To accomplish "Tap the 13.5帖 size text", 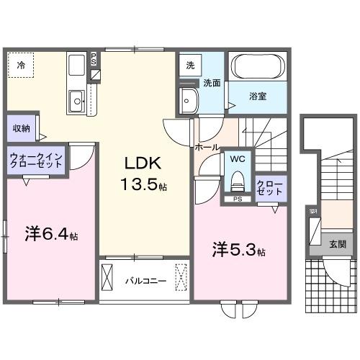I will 143,184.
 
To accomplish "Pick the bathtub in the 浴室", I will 258,68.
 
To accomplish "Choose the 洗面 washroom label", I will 211,82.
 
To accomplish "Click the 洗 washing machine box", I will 190,65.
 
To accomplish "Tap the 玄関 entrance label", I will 337,245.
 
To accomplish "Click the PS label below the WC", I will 237,199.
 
